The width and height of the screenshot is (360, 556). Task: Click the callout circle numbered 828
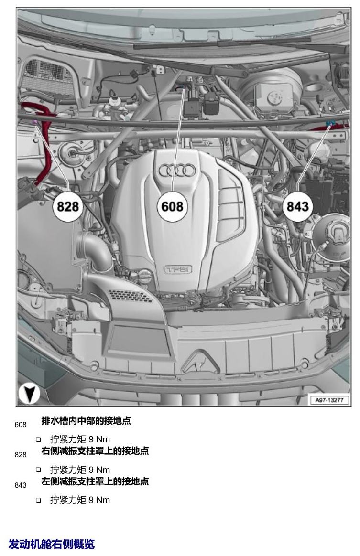[x=68, y=206]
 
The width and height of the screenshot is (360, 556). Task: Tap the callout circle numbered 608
[x=172, y=206]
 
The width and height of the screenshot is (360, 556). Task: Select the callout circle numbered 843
[x=297, y=206]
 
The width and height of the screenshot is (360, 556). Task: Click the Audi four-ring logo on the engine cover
[x=177, y=171]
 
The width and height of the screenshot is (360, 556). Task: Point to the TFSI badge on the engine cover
[x=177, y=269]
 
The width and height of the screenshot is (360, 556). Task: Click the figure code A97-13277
[x=329, y=400]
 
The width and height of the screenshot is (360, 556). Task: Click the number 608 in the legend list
[x=21, y=425]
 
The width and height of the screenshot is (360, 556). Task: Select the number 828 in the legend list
[x=21, y=455]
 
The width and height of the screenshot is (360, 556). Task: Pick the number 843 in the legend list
[x=21, y=485]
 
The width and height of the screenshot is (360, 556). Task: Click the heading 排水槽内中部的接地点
[x=86, y=420]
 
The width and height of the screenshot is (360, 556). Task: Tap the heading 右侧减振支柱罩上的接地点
[x=95, y=451]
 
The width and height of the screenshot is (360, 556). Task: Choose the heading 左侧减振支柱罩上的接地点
[x=95, y=481]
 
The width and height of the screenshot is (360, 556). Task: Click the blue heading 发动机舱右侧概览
[x=52, y=544]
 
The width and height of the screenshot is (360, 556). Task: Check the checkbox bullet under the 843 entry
[x=38, y=500]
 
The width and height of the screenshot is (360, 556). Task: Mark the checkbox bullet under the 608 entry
[x=38, y=440]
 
